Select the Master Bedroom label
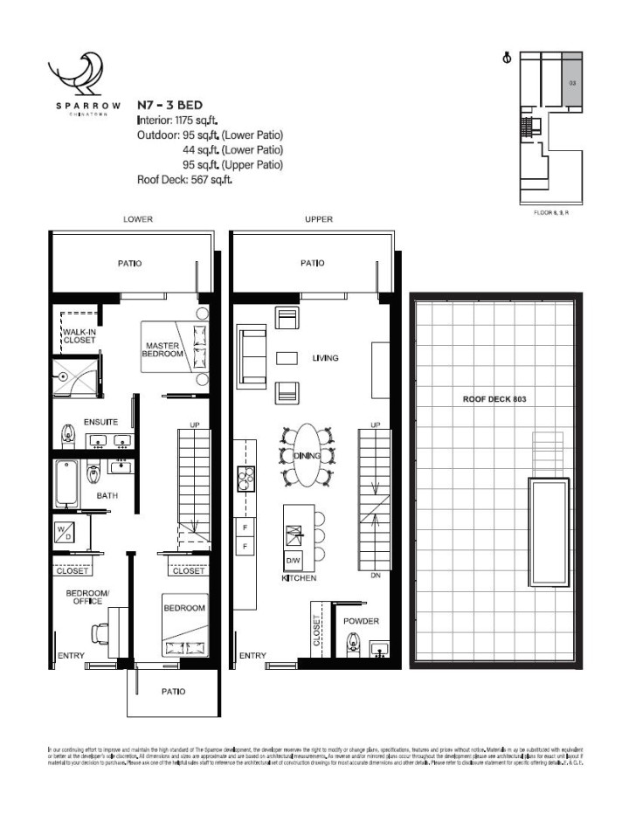tap(164, 350)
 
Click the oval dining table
tap(307, 456)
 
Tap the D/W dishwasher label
tap(292, 560)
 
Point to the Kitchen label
tap(298, 578)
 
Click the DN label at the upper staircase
tap(376, 576)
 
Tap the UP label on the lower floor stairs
tap(196, 425)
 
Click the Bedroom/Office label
tap(87, 598)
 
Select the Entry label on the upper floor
tap(252, 655)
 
